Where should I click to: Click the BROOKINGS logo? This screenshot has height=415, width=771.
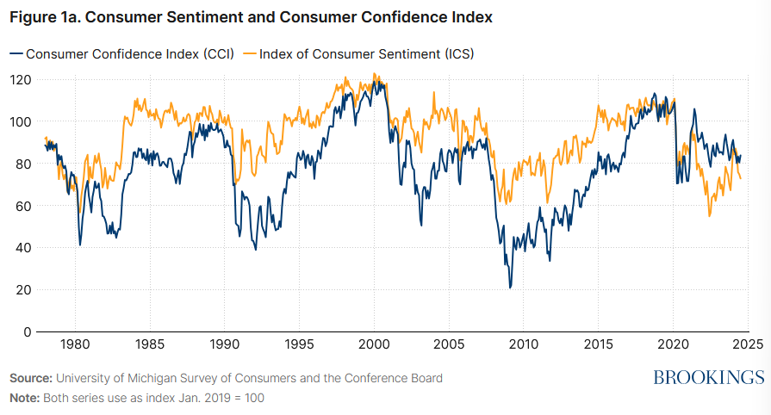pyautogui.click(x=708, y=377)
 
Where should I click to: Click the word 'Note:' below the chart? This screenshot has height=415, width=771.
pyautogui.click(x=26, y=398)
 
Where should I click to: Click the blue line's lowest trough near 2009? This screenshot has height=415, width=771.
pyautogui.click(x=510, y=288)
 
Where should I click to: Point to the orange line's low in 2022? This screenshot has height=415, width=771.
pyautogui.click(x=710, y=215)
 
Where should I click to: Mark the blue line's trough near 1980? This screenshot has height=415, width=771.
pyautogui.click(x=80, y=245)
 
